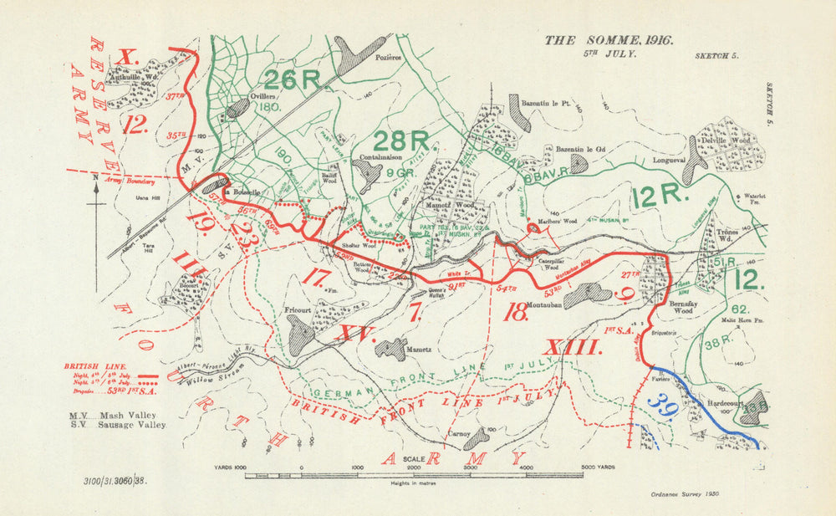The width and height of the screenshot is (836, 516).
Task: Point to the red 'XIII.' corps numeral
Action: click(573, 347)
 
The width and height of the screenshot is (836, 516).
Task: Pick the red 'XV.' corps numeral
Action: click(353, 333)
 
